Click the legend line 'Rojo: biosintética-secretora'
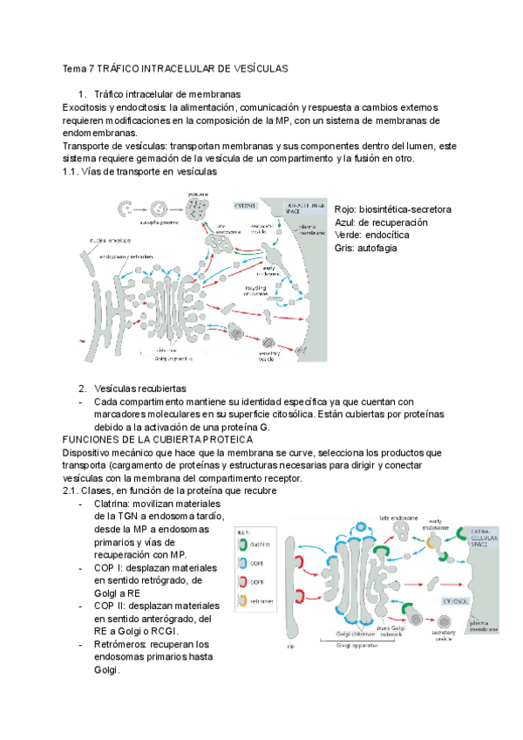pyautogui.click(x=392, y=209)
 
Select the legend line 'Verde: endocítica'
pyautogui.click(x=375, y=236)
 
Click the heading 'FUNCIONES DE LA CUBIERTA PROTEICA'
pyautogui.click(x=180, y=440)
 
